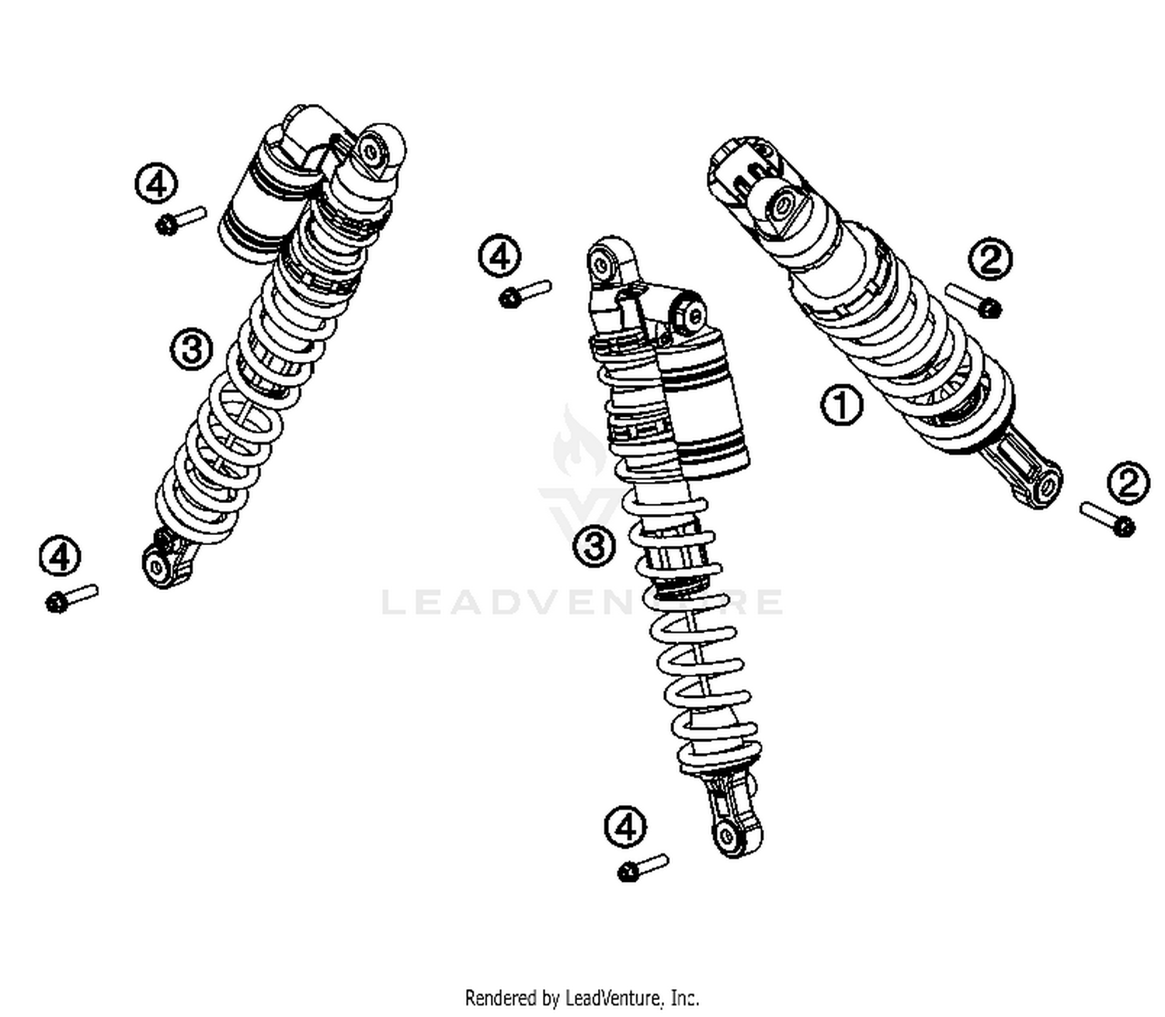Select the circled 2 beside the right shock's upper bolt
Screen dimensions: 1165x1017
point(990,259)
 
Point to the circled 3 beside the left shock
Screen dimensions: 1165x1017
point(192,349)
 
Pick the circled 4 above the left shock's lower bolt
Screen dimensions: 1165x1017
point(61,555)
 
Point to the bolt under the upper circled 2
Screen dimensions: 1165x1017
point(973,300)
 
